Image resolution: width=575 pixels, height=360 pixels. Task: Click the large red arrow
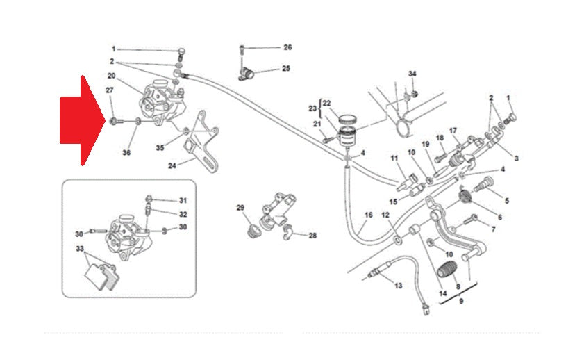coord(83,120)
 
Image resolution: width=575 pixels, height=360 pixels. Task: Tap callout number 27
coord(110,90)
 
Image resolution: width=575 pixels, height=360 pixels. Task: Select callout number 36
coord(126,152)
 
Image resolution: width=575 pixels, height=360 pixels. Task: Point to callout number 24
coord(172,166)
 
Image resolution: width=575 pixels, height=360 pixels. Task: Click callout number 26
coord(288,47)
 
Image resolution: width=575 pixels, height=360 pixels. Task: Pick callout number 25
coord(286,69)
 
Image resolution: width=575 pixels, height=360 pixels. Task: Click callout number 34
coord(412,74)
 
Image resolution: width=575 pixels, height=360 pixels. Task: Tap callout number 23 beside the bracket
coord(312,108)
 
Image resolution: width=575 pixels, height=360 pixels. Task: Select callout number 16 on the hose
coord(369,215)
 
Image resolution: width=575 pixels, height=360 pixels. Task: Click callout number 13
coord(398,286)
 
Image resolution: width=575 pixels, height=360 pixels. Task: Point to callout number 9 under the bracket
coord(461,301)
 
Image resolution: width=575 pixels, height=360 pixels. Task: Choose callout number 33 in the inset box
coord(80,249)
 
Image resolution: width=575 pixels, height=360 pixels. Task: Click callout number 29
coord(240,208)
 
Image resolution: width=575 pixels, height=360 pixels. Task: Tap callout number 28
coord(312,236)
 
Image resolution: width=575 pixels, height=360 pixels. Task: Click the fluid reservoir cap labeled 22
coord(347,120)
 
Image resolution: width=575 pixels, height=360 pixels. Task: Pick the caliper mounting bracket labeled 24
coord(201,141)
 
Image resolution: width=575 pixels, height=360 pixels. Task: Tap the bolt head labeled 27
coord(113,120)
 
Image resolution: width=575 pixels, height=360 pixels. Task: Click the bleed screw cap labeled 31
coord(149,199)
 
